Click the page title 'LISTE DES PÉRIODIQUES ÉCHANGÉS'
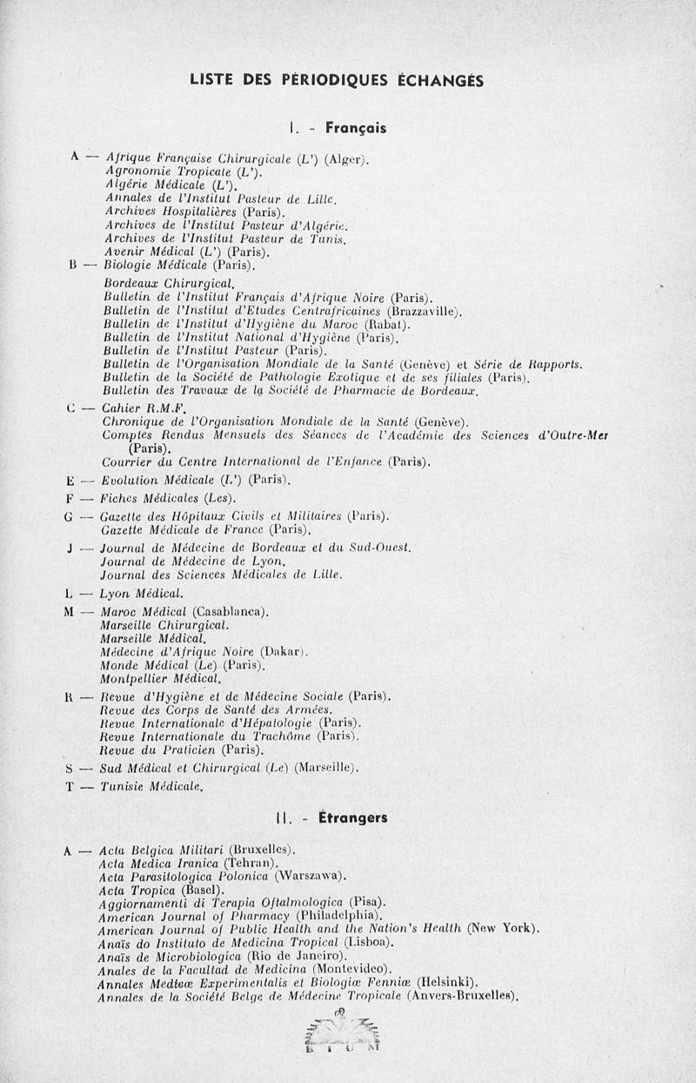coord(336,80)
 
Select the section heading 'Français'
coord(355,127)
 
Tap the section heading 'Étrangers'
coord(353,817)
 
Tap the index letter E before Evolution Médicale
coord(70,481)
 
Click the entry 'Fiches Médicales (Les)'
coord(169,498)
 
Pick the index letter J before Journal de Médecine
coord(69,548)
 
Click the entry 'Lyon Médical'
coord(141,594)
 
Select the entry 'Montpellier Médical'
coord(161,678)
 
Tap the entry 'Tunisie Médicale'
coord(152,787)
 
